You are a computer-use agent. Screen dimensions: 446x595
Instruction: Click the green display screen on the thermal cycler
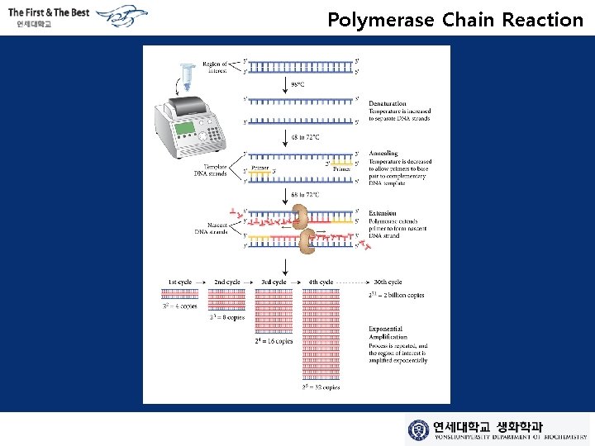coord(186,129)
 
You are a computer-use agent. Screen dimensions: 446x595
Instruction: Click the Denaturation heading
coord(387,104)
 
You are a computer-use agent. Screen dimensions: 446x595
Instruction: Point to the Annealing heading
coord(383,153)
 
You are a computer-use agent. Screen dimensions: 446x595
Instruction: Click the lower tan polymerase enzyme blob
coord(307,241)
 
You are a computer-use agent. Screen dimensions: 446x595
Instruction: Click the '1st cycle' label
coord(179,282)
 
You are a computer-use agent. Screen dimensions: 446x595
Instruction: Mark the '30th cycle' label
coord(387,282)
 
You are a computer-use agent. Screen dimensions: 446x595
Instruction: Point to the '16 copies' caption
coord(274,340)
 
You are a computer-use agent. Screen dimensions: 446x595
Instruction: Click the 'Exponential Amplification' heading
coord(388,333)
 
